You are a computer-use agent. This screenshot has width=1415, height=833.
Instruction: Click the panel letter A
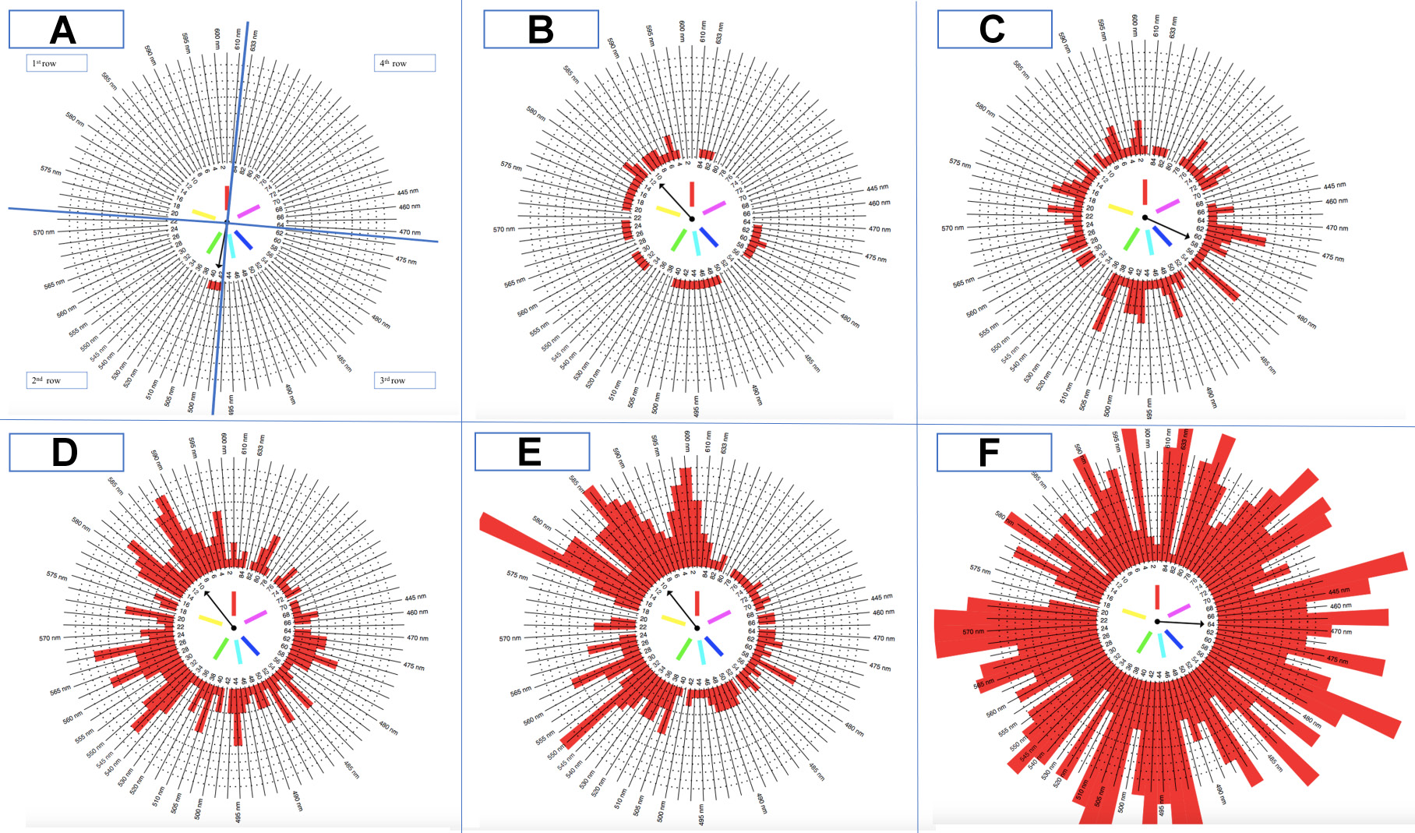point(63,30)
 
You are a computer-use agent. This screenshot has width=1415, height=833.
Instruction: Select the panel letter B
point(541,30)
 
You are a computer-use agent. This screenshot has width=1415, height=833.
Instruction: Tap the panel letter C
point(992,30)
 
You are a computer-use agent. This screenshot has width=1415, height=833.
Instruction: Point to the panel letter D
point(65,453)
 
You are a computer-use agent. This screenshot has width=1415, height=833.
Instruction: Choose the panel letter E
point(530,452)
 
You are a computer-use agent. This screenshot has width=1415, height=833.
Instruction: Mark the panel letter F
point(989,453)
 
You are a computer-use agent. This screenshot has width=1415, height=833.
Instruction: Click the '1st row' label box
point(56,63)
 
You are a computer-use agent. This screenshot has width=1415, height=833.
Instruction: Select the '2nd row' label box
point(56,380)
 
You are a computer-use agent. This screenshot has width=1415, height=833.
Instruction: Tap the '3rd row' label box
point(404,380)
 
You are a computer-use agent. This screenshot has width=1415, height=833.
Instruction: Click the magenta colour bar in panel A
point(249,211)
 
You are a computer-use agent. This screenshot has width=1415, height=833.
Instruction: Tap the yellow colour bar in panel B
point(668,210)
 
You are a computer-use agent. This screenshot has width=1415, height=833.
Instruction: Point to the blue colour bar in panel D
point(250,646)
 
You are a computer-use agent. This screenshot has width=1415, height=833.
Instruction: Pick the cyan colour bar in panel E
point(701,650)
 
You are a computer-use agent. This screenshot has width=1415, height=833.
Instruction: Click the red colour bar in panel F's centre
point(1157,596)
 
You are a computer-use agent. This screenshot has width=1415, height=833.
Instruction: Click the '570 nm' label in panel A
point(44,232)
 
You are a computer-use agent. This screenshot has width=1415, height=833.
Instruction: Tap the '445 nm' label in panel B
point(877,188)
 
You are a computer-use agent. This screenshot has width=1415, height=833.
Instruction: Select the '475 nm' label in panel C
point(1332,257)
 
